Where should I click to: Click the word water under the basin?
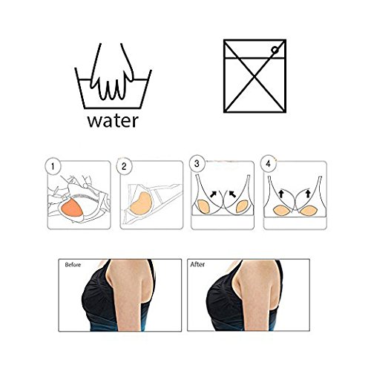pos(113,121)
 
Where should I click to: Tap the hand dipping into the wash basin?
pos(113,74)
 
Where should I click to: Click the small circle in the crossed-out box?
pos(275,50)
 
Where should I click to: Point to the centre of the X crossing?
pos(255,76)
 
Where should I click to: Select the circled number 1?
pos(53,166)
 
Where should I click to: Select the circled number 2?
pos(124,166)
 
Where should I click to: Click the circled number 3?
pos(197,164)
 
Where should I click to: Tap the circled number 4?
pos(269,164)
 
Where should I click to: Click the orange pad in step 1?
pos(71,208)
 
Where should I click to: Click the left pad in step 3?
pos(203,207)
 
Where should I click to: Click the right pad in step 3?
pos(243,207)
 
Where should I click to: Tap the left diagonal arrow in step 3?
pos(213,194)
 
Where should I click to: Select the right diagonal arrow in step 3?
pos(232,194)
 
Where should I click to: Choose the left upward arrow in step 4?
pos(281,194)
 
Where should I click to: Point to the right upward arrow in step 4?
pos(308,194)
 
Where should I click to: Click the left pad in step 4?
pos(283,210)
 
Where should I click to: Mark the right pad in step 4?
pos(308,211)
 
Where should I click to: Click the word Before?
pos(73,265)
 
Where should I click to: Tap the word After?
pos(197,264)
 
